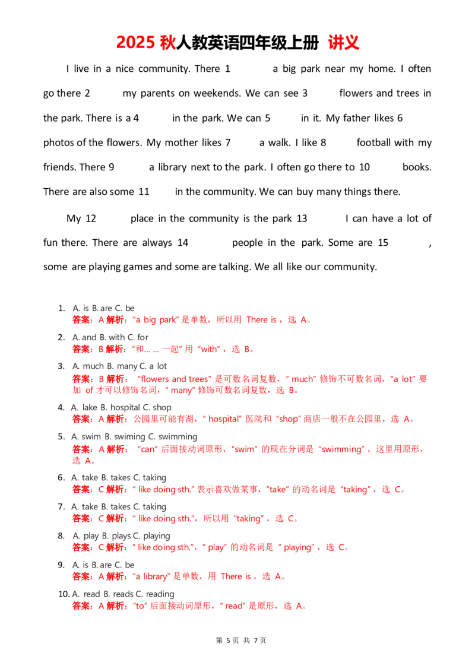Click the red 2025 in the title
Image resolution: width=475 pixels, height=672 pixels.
coord(135,42)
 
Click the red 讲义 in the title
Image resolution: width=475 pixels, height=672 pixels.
coord(344,42)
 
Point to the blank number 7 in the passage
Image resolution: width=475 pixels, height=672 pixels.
coord(228,142)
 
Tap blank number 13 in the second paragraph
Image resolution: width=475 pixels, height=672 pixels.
coord(302,218)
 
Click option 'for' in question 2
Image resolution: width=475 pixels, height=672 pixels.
coord(142,337)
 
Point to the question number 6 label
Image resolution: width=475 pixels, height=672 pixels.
coord(61,478)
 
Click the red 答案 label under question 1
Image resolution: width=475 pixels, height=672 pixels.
coord(81,320)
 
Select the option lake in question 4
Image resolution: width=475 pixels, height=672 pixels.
coord(90,408)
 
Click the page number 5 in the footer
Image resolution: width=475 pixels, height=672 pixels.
coord(229,641)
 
